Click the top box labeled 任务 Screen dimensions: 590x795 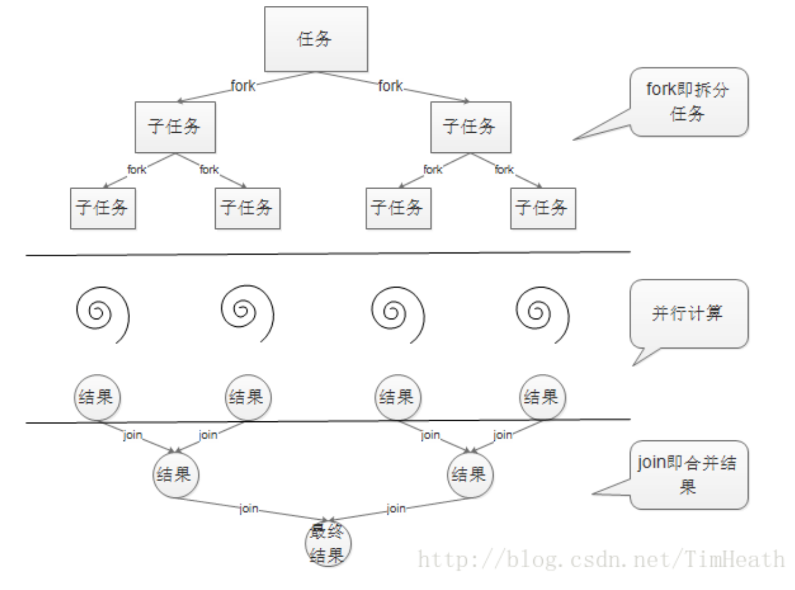point(316,39)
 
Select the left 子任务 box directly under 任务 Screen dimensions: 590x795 point(175,127)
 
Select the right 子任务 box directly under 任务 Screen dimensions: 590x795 point(470,127)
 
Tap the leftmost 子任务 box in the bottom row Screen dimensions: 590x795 point(103,208)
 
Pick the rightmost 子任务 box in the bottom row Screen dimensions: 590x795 point(543,208)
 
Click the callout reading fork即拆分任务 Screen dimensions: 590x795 point(688,102)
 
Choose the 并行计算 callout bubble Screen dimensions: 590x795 point(688,314)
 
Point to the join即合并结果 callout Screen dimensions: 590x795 point(688,474)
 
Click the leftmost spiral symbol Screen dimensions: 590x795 point(102,314)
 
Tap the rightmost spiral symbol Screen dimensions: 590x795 point(542,314)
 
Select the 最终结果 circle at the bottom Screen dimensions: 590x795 point(328,543)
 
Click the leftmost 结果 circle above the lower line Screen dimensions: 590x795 point(97,398)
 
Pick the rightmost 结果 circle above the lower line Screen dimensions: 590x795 point(542,398)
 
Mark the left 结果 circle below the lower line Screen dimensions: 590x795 point(175,474)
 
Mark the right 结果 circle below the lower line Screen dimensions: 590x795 point(470,474)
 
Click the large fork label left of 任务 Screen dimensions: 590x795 point(243,86)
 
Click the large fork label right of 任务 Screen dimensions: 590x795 point(390,86)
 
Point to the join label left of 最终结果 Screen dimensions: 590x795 point(248,509)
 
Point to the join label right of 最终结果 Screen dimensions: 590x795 point(396,509)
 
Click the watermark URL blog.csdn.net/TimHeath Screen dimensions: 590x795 point(601,559)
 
